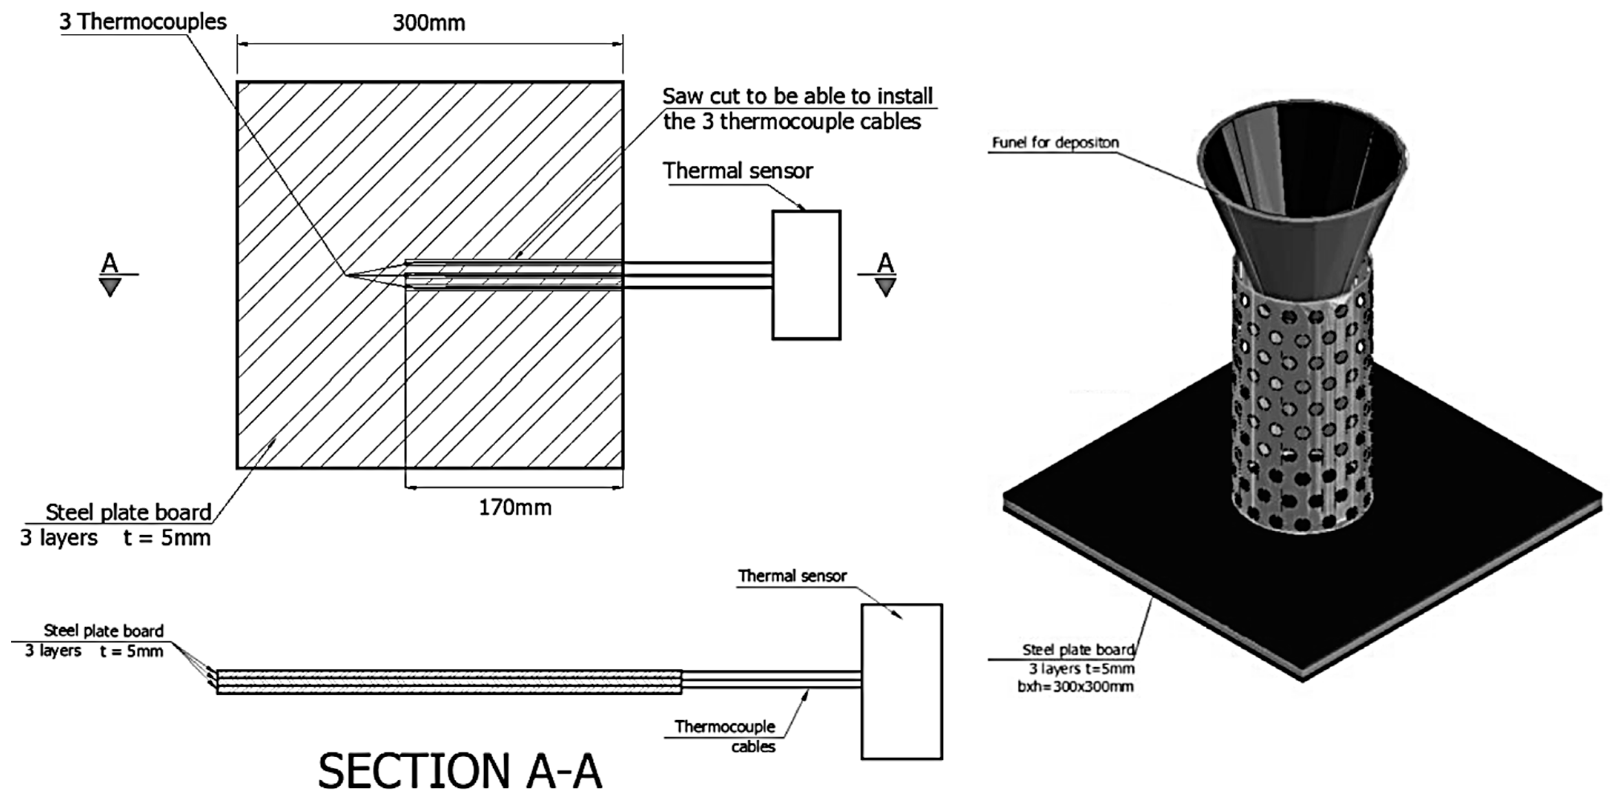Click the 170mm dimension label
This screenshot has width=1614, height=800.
pos(515,508)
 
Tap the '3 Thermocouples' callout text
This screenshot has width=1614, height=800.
pos(142,22)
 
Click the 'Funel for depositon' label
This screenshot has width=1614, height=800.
pos(1055,143)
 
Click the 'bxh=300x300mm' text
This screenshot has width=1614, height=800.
pos(1075,687)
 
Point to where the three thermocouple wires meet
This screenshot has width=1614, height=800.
pos(346,275)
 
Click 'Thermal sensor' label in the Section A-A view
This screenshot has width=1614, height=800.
pos(792,576)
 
